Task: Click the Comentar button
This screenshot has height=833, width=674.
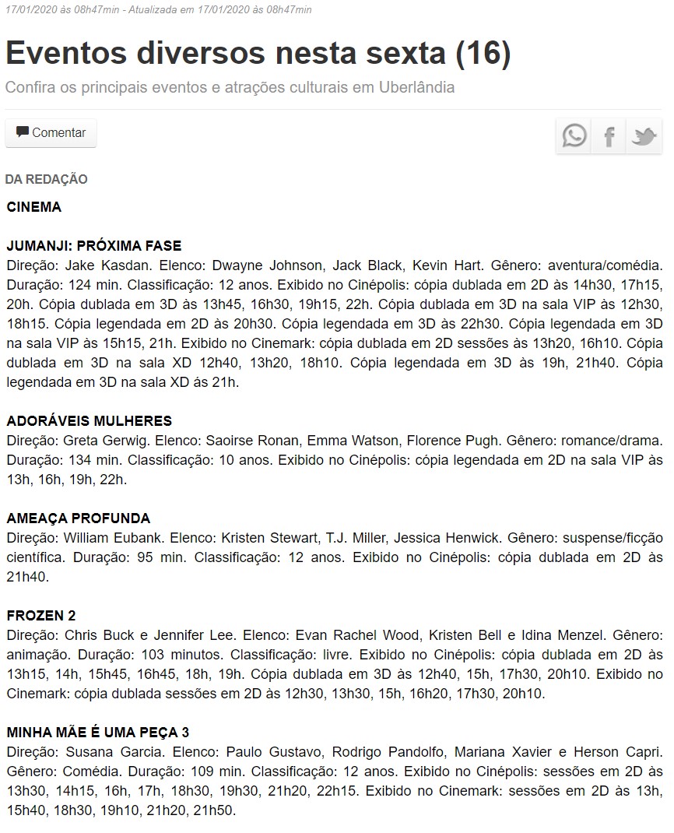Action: point(51,133)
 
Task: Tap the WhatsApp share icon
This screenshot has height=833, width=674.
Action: point(574,136)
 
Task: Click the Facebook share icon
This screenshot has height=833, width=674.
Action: point(609,136)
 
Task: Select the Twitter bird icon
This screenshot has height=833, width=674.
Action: point(644,136)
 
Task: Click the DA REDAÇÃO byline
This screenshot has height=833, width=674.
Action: point(47,180)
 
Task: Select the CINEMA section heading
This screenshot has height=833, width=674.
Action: point(34,207)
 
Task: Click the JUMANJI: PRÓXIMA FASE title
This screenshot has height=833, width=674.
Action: point(93,246)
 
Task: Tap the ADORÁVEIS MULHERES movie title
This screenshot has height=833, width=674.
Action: point(90,421)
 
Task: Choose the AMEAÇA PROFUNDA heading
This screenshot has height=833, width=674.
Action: point(79,518)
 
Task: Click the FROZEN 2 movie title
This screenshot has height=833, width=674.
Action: point(41,616)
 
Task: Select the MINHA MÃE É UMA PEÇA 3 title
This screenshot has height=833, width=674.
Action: point(98,733)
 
